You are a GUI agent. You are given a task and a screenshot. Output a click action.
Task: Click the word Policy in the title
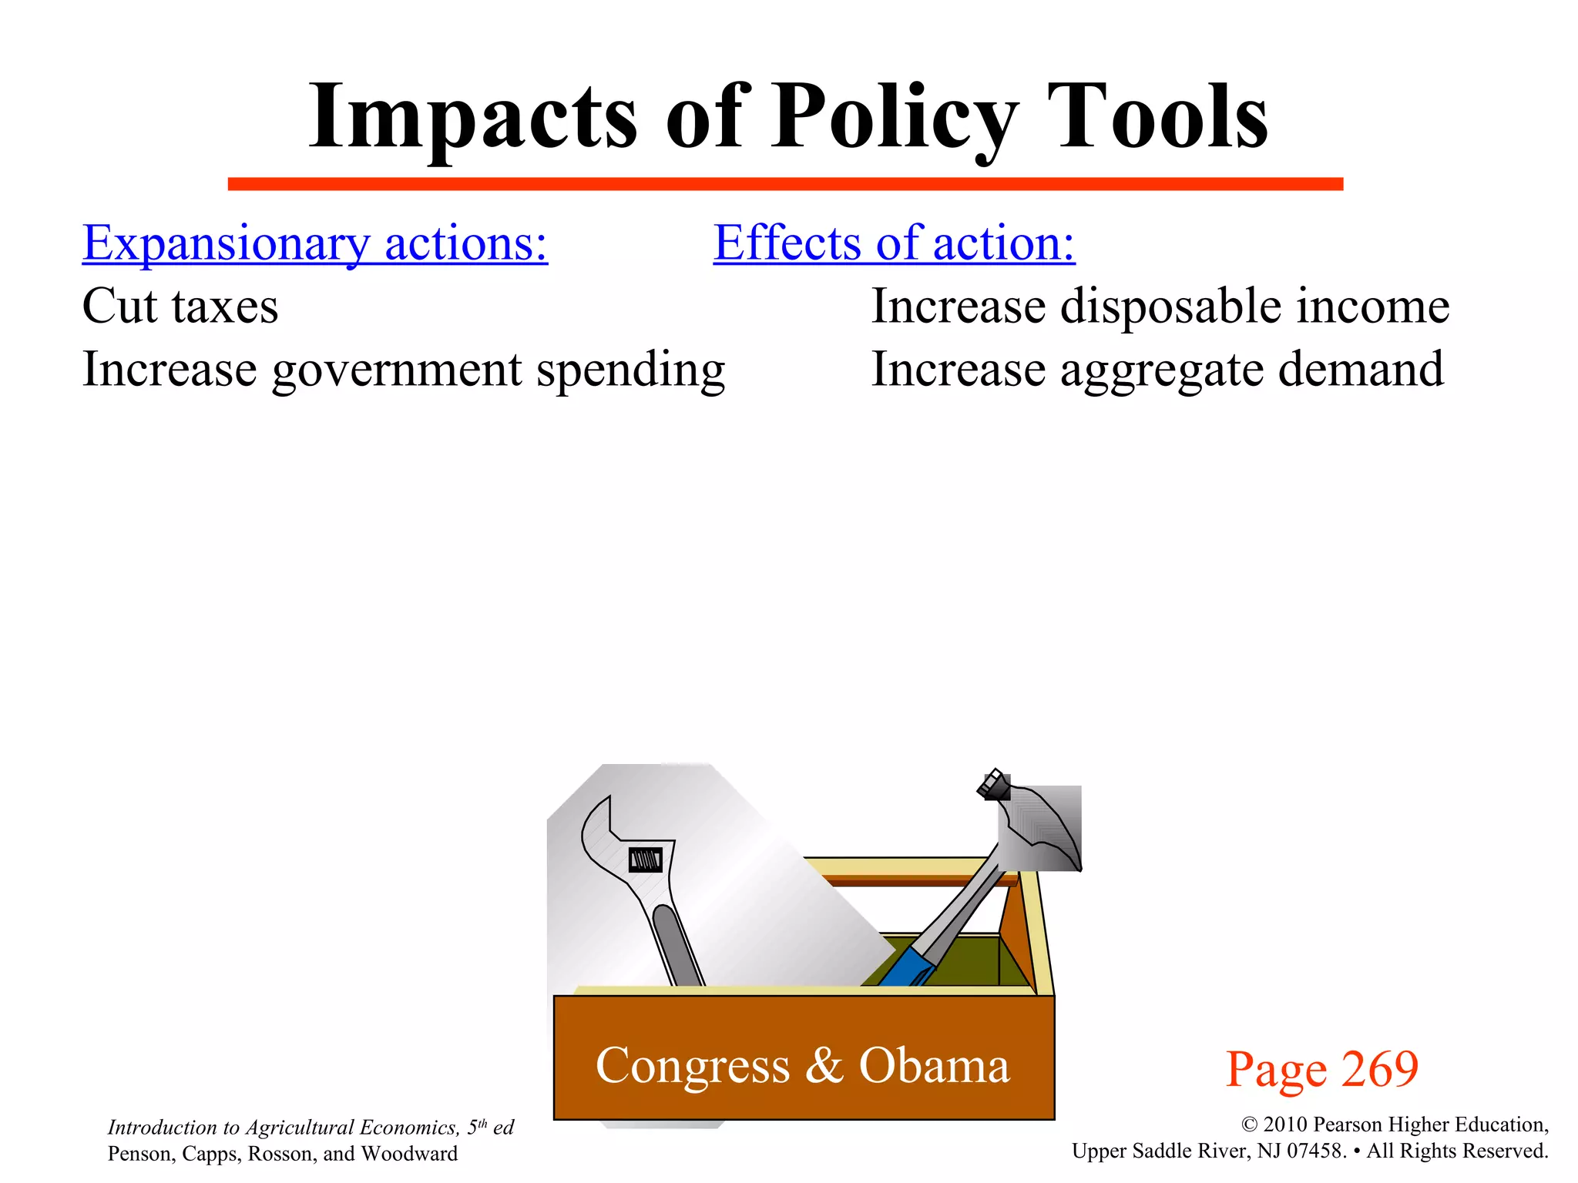click(894, 117)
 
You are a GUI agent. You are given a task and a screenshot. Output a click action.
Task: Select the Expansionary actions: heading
click(314, 243)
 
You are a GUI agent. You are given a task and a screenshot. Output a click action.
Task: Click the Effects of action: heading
click(894, 243)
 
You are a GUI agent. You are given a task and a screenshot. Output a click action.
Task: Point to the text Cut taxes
click(180, 307)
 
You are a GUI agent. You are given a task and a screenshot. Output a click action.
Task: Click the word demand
click(1361, 370)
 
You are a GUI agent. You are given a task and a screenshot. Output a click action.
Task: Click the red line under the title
click(784, 183)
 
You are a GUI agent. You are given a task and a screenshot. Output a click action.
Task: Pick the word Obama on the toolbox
click(934, 1066)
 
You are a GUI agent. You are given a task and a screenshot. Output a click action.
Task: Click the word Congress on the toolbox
click(692, 1067)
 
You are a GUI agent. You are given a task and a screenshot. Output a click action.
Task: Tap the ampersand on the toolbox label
click(824, 1066)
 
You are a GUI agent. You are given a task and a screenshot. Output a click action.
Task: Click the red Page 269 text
click(1321, 1069)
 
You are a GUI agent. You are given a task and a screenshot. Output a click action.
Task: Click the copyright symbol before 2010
click(1250, 1125)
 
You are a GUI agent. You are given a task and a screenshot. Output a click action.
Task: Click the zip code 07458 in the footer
click(1317, 1151)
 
